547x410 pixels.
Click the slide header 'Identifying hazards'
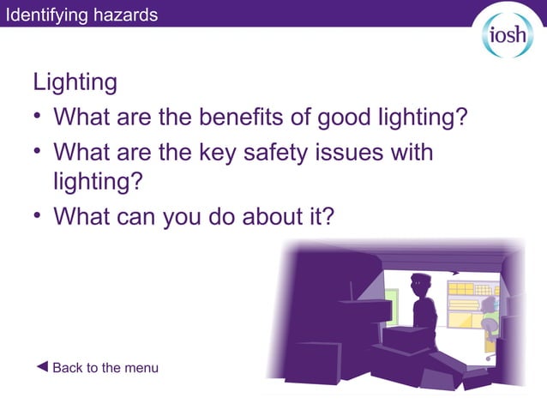[x=81, y=15]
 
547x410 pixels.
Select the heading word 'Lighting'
[x=75, y=82]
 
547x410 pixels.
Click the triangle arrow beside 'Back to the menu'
[x=42, y=367]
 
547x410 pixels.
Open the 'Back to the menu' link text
[x=105, y=368]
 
